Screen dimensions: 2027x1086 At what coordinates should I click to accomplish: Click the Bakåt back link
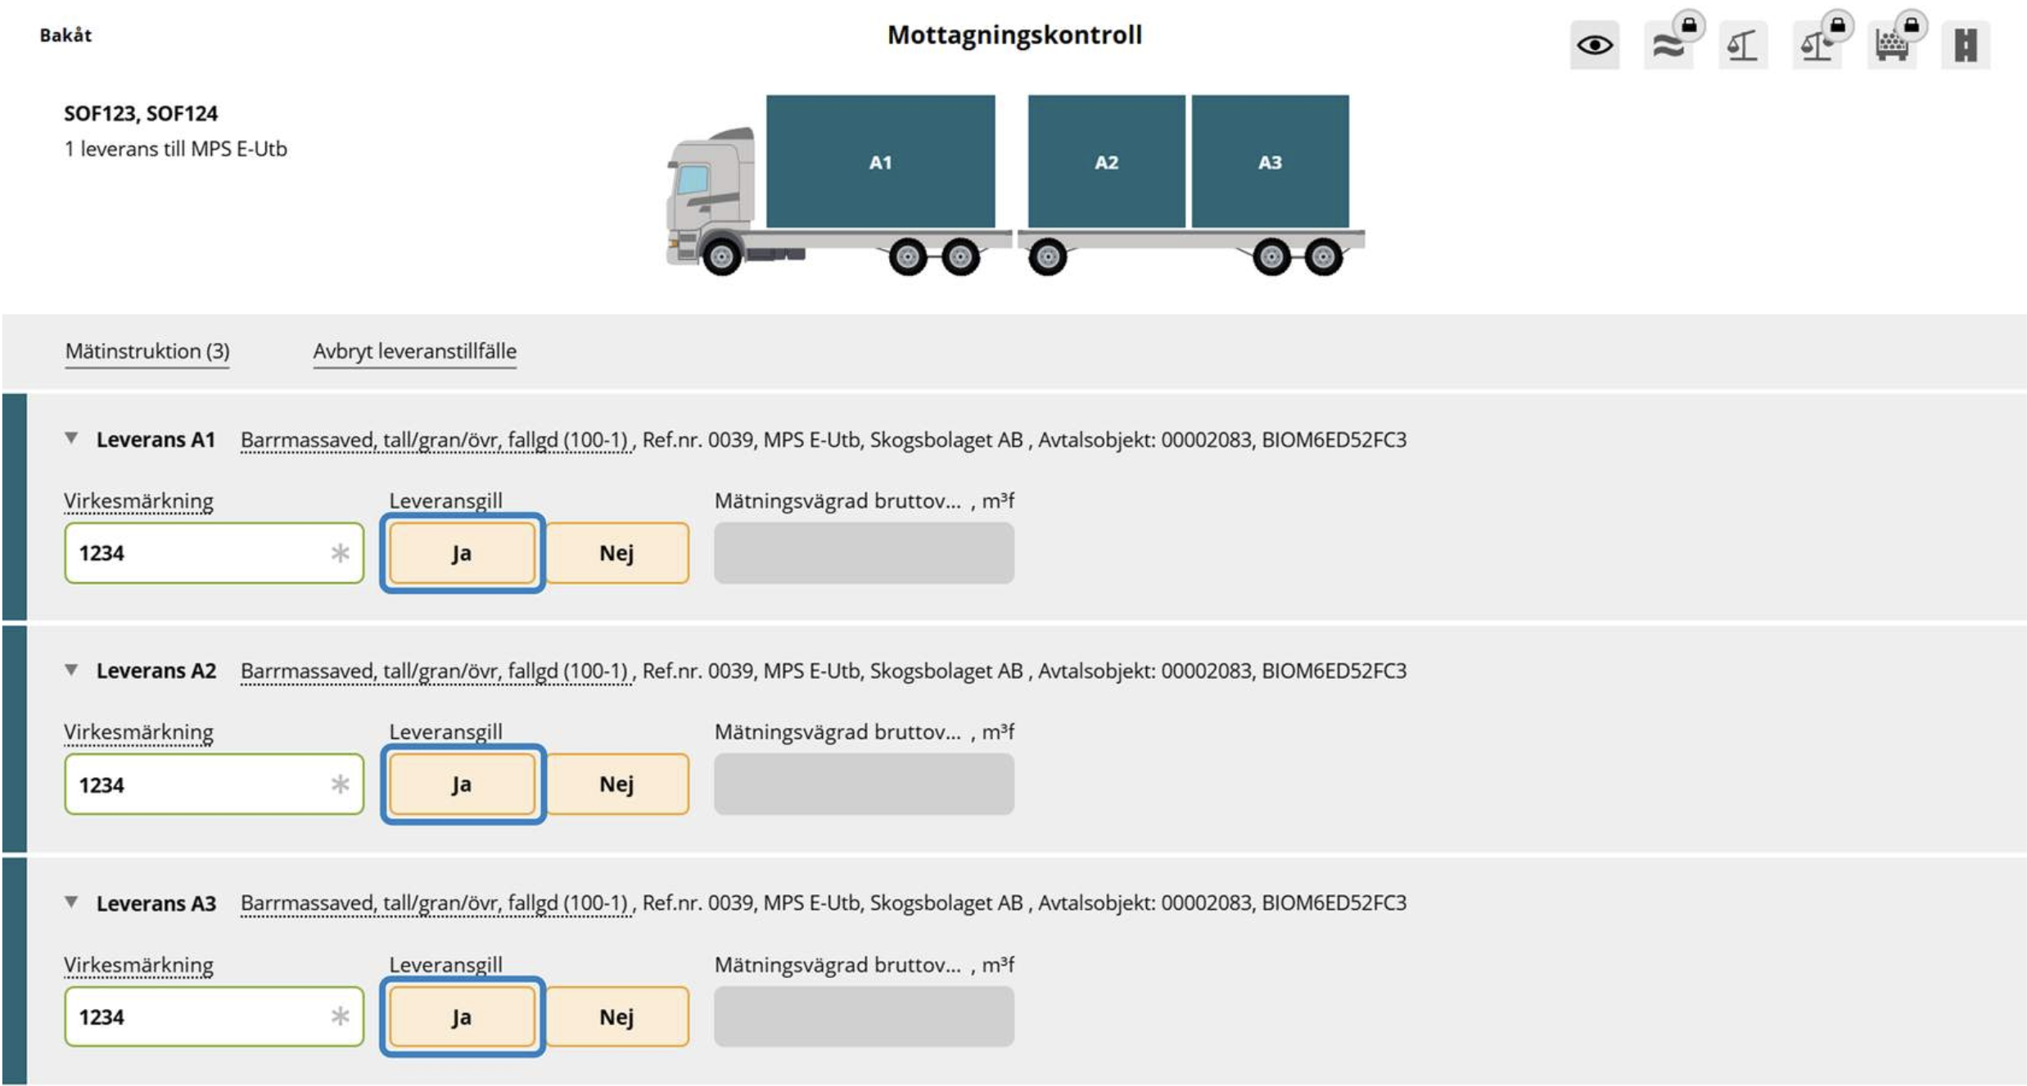click(x=65, y=35)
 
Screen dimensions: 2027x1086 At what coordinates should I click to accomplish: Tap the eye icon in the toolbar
click(x=1594, y=45)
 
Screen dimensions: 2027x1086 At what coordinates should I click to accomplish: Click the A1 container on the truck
click(x=880, y=161)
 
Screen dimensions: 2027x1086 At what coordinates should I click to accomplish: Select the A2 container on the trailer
click(x=1106, y=161)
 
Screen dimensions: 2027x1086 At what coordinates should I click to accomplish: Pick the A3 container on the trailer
click(x=1270, y=161)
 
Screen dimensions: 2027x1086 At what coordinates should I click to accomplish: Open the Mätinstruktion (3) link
click(x=147, y=351)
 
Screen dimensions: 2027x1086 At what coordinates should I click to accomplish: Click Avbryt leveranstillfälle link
click(x=414, y=351)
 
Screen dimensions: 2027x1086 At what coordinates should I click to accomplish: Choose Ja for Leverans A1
click(x=462, y=553)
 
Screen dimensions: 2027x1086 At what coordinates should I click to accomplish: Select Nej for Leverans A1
click(x=616, y=553)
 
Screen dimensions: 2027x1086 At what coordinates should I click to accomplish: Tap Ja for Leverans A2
click(x=462, y=785)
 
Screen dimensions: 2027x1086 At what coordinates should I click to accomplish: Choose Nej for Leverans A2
click(x=616, y=785)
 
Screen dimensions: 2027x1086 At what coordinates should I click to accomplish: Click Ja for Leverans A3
click(x=462, y=1016)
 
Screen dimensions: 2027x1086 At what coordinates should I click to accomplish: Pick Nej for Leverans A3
click(x=616, y=1016)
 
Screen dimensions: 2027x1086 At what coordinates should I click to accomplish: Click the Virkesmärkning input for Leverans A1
click(x=214, y=553)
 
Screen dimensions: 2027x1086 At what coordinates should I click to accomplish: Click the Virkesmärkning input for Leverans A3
click(x=214, y=1016)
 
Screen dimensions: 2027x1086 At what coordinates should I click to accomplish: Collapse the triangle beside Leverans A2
click(x=72, y=670)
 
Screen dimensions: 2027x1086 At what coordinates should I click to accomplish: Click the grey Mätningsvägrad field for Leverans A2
click(x=864, y=785)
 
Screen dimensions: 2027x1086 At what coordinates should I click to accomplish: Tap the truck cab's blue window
click(x=693, y=179)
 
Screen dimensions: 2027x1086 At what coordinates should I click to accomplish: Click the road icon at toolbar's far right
click(x=1966, y=45)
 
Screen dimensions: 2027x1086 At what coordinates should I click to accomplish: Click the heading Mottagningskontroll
click(x=1014, y=34)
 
